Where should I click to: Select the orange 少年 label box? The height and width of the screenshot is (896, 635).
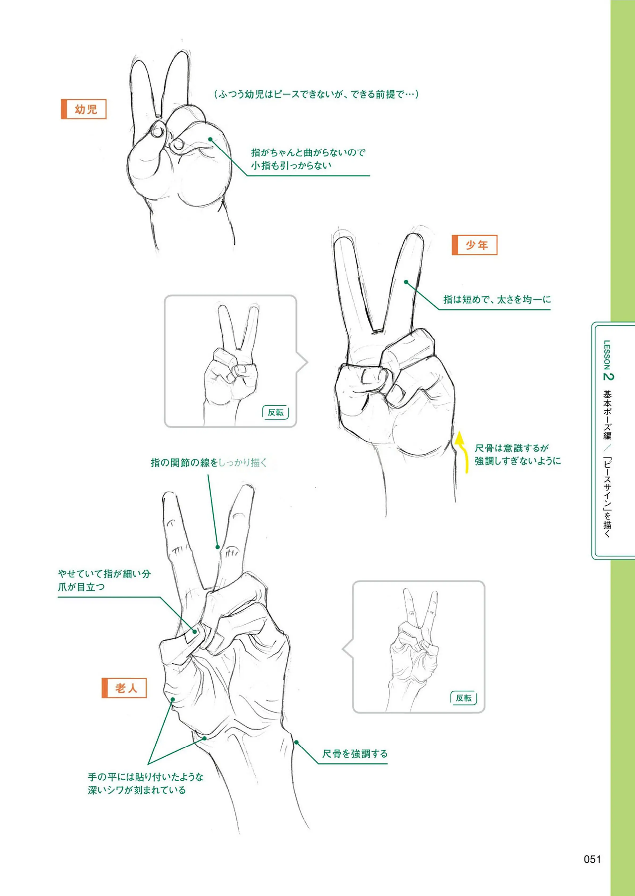(x=474, y=245)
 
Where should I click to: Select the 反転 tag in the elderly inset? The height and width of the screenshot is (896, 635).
(x=464, y=698)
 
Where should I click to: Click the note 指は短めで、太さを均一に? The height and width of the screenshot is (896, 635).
(x=496, y=300)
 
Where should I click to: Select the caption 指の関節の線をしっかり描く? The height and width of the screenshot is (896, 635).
(x=209, y=463)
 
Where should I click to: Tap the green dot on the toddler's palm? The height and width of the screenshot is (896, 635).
(x=210, y=139)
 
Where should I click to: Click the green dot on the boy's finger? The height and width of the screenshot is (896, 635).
(x=406, y=282)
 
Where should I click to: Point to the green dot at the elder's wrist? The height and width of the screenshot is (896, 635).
(x=296, y=742)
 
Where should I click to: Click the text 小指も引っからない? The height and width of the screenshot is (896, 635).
(x=291, y=165)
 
